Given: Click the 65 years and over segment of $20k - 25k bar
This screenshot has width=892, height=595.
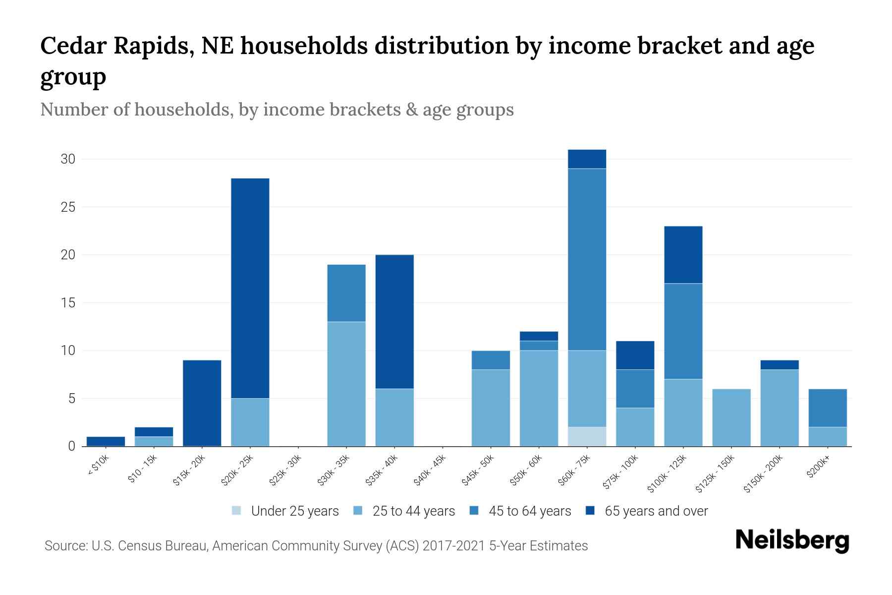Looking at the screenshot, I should click(250, 288).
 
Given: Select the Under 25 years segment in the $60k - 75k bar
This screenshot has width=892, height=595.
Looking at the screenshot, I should click(587, 436).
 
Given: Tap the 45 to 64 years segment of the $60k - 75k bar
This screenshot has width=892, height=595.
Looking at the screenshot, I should click(587, 259).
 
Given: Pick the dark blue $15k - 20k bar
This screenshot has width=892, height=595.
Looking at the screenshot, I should click(202, 403).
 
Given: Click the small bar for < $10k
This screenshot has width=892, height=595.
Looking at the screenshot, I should click(106, 441).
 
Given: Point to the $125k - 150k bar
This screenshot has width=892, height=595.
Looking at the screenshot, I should click(731, 417).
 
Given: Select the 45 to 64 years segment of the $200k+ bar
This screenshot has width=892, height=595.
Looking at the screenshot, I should click(828, 408).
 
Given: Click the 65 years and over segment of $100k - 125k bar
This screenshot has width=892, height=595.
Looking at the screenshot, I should click(683, 254).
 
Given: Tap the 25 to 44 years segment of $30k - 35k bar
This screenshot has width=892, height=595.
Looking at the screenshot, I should click(346, 384).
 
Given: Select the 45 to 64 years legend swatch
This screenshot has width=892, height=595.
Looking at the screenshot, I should click(474, 511).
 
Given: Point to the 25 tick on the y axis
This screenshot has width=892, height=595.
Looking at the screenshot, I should click(68, 207).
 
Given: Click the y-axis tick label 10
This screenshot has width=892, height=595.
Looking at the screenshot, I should click(68, 351).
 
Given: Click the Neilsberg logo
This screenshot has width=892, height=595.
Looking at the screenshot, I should click(792, 540).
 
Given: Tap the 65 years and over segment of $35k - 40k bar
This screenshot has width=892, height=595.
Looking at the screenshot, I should click(394, 321).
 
